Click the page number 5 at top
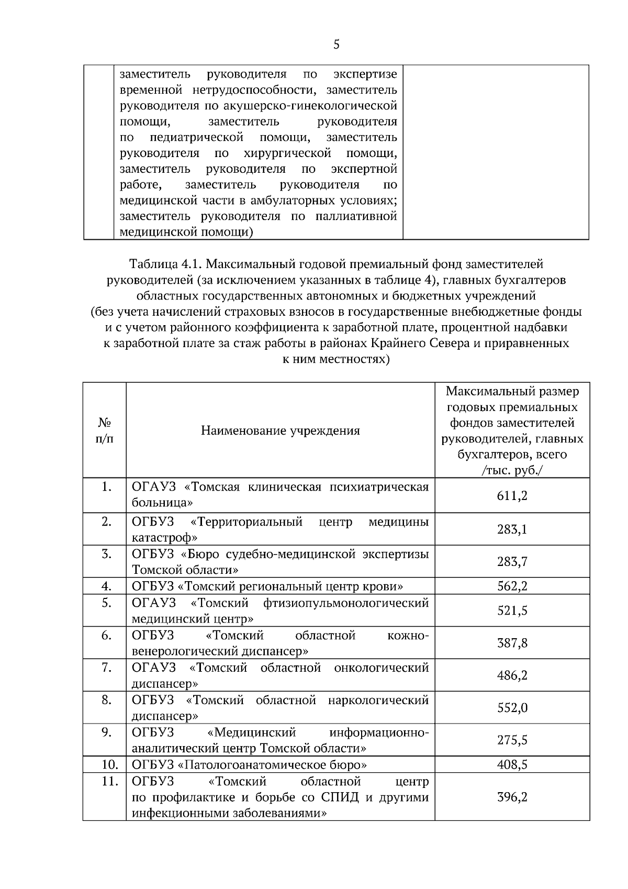[336, 45]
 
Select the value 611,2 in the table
[512, 495]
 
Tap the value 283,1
[512, 529]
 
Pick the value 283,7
[512, 562]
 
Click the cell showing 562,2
[512, 586]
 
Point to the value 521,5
[512, 610]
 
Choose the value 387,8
[512, 643]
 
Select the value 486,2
[512, 675]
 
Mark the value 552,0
[512, 708]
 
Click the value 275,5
[512, 740]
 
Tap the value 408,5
[512, 765]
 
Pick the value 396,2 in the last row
[512, 797]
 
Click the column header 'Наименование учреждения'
[281, 431]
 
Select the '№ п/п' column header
[105, 430]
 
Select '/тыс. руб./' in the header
[512, 470]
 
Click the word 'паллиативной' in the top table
[356, 216]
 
